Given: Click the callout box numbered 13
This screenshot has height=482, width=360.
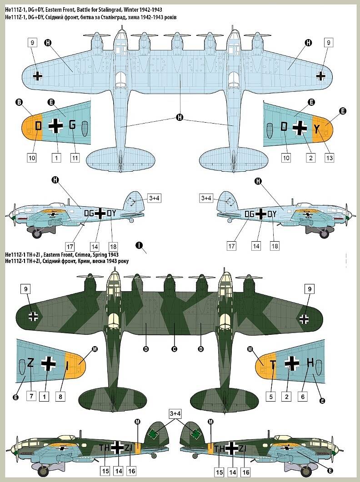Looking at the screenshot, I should point(329,158).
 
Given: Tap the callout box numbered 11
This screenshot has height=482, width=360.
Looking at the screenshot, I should point(75,158).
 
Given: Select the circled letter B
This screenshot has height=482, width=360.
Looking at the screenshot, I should point(20,103).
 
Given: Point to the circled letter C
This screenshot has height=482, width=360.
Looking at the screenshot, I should point(174,349).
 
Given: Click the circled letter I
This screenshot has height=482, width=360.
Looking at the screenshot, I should point(139,245).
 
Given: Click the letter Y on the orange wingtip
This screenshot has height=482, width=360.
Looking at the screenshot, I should point(316,129).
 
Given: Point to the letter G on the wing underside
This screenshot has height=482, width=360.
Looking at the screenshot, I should point(72,126).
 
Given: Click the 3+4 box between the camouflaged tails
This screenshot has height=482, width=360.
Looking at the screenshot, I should point(175,413).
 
